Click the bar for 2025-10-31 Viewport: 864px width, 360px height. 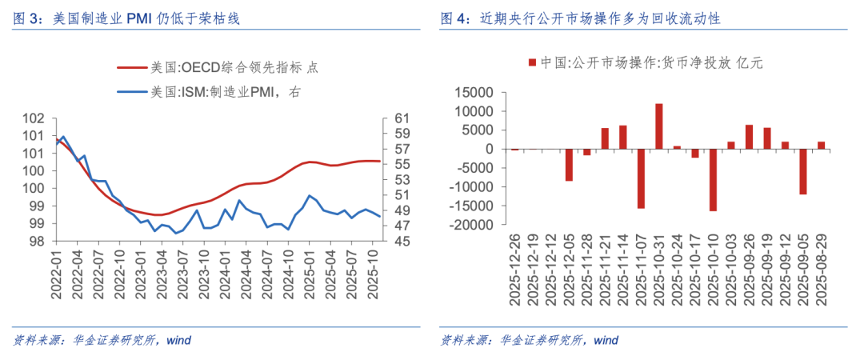coord(659,126)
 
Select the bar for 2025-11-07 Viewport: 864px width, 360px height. coord(641,178)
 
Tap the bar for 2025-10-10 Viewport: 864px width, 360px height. coord(713,180)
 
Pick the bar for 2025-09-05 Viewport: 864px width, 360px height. coord(803,171)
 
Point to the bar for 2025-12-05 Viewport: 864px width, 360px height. coord(569,165)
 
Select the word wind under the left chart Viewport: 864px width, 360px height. coord(178,340)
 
